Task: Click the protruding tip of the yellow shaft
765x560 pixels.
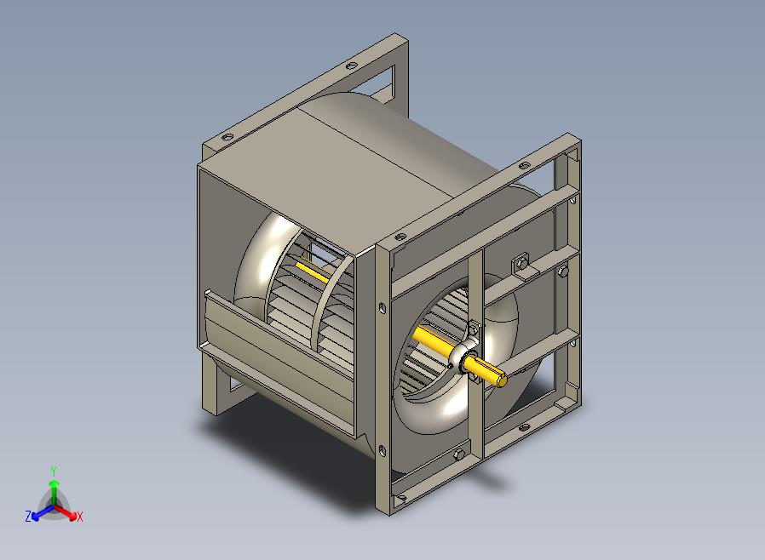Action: (x=501, y=380)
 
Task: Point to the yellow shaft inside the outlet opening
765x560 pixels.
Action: (x=313, y=271)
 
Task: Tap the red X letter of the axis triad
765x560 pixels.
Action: (x=80, y=517)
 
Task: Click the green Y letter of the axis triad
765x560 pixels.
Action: (x=54, y=471)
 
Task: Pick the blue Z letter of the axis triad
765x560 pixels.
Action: (x=28, y=516)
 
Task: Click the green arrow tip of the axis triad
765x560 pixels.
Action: (x=55, y=483)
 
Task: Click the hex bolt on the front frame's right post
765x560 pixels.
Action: (x=563, y=271)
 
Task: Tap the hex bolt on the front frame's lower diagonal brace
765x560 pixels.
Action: (x=459, y=454)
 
